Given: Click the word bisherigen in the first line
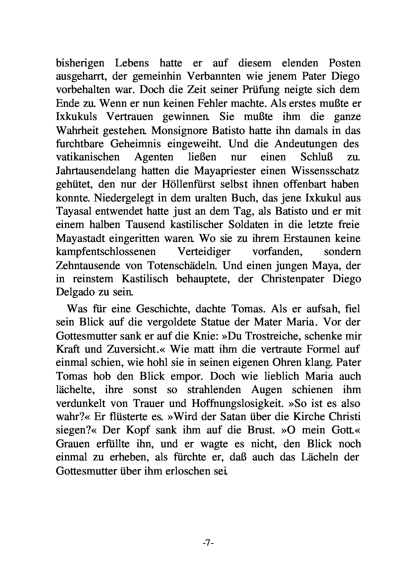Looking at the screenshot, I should point(80,63).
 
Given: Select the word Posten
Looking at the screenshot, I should point(345,63).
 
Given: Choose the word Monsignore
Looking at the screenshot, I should point(179,131).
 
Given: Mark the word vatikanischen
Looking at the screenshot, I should point(88,157).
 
